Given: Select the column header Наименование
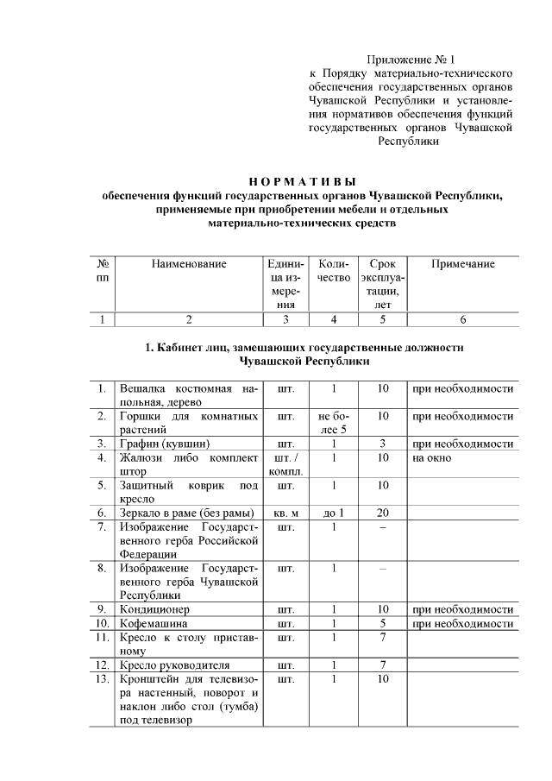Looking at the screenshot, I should (188, 264).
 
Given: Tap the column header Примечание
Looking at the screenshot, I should (462, 264).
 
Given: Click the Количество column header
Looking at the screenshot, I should (334, 271).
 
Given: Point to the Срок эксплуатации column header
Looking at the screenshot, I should (383, 284).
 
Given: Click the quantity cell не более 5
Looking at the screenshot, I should (333, 423).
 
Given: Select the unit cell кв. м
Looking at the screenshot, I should (285, 513).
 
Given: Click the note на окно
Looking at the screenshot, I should (432, 458).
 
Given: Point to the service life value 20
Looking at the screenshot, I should (383, 513).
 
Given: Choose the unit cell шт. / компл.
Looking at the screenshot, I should (285, 465).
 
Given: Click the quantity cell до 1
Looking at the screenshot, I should (333, 513).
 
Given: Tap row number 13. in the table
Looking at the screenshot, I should (102, 680).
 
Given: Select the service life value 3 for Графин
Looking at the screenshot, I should (383, 444).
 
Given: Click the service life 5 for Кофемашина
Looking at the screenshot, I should (383, 623).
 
